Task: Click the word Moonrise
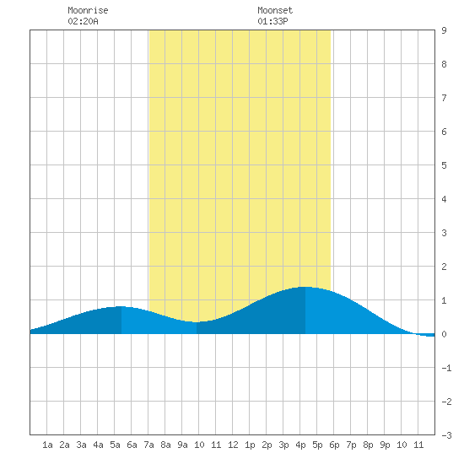88,10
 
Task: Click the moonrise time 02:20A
83,21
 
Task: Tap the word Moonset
275,10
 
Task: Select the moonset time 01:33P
272,21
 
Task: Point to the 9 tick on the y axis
444,30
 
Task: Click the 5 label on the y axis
444,165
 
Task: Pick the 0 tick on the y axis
444,334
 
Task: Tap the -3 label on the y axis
446,435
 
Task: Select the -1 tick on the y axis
446,368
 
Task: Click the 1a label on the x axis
47,445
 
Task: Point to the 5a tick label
115,445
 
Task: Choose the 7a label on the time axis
148,445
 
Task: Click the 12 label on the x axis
233,445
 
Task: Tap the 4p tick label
300,445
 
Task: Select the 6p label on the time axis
334,445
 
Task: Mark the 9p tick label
385,445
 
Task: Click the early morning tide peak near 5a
121,306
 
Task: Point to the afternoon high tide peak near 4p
305,287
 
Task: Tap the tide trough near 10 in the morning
197,322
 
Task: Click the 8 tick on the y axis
444,64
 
